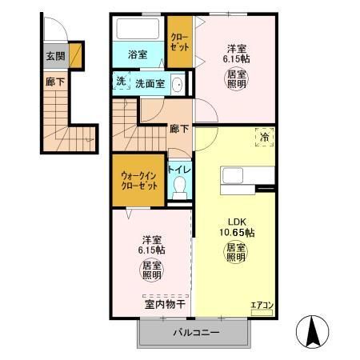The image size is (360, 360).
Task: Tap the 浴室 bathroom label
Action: [138, 54]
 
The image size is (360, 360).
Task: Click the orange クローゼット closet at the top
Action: [178, 42]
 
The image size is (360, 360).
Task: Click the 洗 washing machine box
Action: [120, 82]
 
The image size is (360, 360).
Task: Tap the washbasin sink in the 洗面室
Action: [178, 82]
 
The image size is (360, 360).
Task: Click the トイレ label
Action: [178, 170]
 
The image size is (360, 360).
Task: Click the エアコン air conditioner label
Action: [262, 305]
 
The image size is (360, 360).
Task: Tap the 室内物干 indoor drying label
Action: [165, 304]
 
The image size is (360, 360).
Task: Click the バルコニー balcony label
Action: [192, 332]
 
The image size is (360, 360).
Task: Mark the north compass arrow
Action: [313, 330]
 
